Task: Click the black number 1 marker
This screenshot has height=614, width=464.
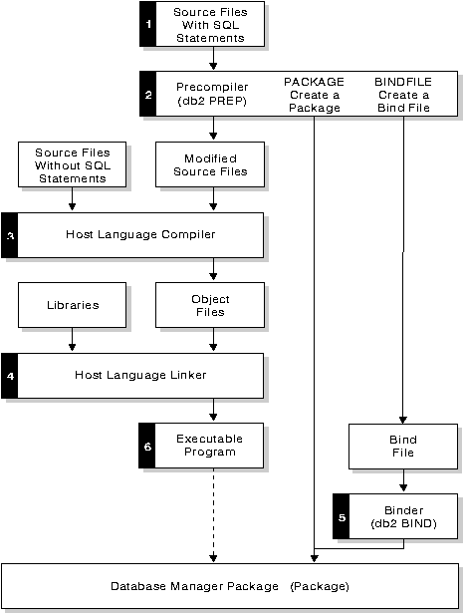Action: click(x=148, y=24)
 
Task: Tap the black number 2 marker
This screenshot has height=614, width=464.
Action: click(x=148, y=95)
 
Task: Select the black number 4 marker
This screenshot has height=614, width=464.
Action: click(x=10, y=376)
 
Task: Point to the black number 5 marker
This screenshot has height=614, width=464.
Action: click(x=342, y=516)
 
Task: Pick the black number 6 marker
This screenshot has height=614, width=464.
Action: click(x=148, y=447)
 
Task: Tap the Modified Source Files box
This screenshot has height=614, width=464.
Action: click(x=210, y=165)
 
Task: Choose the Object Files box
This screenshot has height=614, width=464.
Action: click(x=210, y=305)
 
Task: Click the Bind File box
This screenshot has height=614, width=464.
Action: click(x=402, y=446)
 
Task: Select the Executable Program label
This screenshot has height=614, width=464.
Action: click(x=209, y=446)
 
